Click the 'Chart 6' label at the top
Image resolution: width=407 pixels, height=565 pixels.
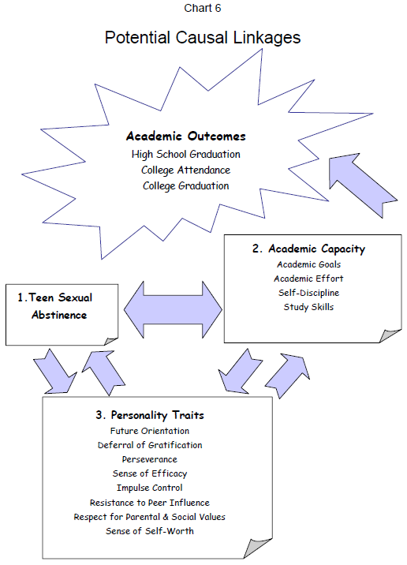point(203,8)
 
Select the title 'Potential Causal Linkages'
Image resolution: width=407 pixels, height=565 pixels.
point(203,37)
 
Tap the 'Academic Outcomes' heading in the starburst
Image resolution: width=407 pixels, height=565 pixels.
point(186,137)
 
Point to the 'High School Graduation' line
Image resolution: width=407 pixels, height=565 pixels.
point(186,154)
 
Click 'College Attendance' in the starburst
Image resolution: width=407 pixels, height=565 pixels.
point(186,170)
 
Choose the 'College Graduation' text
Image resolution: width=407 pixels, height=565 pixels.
point(186,186)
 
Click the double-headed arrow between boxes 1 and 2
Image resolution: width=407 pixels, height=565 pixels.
point(173,309)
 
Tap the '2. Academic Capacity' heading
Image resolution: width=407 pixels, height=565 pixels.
point(308,249)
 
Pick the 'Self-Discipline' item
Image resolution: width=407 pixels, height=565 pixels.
point(308,293)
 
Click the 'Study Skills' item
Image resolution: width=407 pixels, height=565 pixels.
point(308,307)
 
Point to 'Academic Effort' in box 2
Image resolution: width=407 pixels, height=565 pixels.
point(308,279)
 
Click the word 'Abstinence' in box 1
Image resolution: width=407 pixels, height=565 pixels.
point(59,315)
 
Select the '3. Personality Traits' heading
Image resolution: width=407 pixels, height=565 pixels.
point(150,415)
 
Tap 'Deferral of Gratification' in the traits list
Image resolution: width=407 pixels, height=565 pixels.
point(150,445)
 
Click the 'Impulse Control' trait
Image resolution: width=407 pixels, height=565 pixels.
point(150,488)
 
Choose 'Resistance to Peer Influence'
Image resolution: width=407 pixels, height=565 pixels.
point(150,503)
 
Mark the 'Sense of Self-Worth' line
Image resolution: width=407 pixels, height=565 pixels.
point(150,531)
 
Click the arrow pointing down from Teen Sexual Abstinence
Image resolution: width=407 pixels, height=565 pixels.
point(55,372)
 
